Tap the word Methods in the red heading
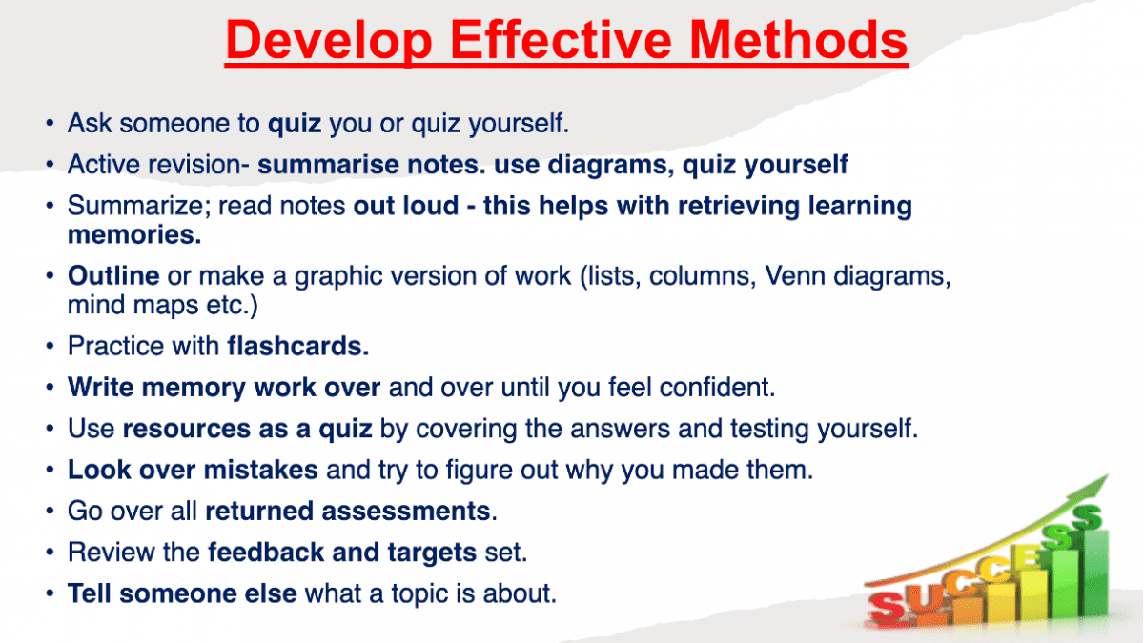tap(798, 40)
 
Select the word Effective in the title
tap(561, 40)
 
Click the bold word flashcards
tap(297, 346)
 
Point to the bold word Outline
tap(113, 276)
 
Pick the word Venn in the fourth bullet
tap(795, 276)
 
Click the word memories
tap(134, 234)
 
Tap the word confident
tap(717, 388)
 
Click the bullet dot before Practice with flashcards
tap(50, 346)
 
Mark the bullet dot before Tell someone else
tap(50, 593)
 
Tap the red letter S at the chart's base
tap(889, 608)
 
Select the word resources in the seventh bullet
tap(187, 429)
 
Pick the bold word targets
tap(432, 553)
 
